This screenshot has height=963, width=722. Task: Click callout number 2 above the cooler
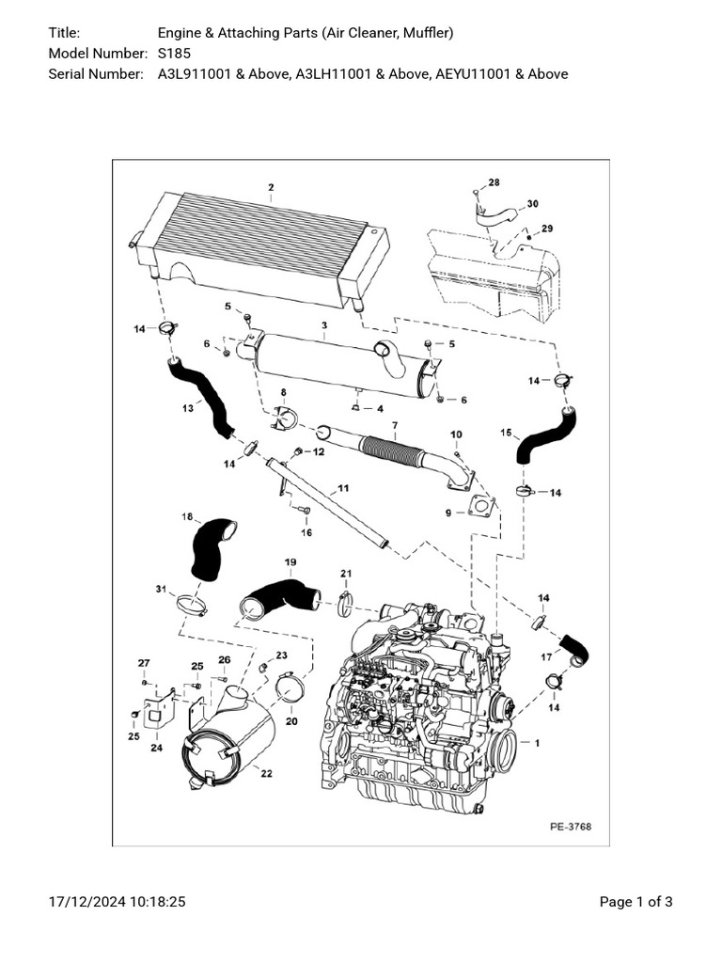tap(271, 187)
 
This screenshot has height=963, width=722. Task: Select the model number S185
tap(174, 54)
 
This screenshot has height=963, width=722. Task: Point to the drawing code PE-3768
tap(571, 828)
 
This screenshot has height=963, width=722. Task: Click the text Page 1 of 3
tap(636, 902)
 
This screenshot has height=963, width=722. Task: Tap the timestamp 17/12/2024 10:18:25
tap(117, 902)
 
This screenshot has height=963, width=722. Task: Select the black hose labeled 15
tap(544, 435)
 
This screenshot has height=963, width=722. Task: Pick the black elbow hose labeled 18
tap(211, 549)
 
